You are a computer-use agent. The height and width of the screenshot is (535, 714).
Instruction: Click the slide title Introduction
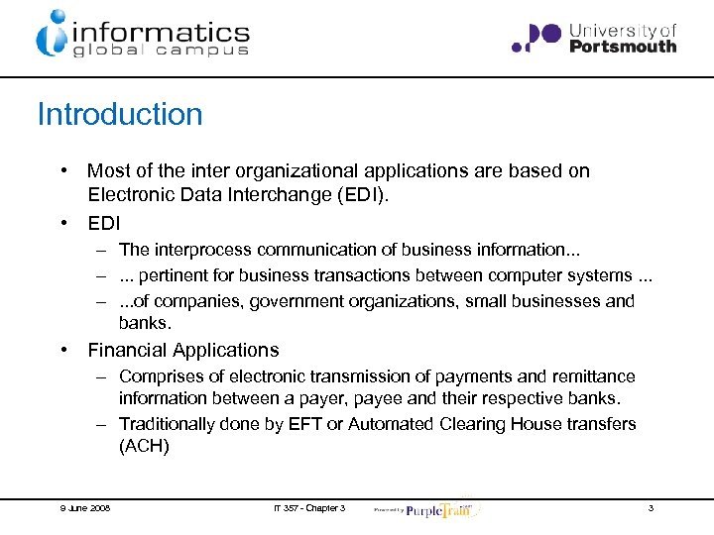click(119, 114)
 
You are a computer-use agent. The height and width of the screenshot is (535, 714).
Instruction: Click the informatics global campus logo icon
click(51, 34)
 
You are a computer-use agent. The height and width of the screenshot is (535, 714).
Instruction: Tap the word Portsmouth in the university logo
click(623, 46)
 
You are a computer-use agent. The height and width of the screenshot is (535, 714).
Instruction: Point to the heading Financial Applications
click(183, 350)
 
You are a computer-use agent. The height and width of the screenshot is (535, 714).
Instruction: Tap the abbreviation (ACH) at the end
click(144, 447)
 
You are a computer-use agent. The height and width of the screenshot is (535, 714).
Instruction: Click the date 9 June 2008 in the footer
click(84, 508)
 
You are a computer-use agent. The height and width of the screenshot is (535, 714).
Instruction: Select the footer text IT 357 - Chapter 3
click(309, 508)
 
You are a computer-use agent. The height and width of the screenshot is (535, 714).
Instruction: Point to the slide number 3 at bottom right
click(651, 508)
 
